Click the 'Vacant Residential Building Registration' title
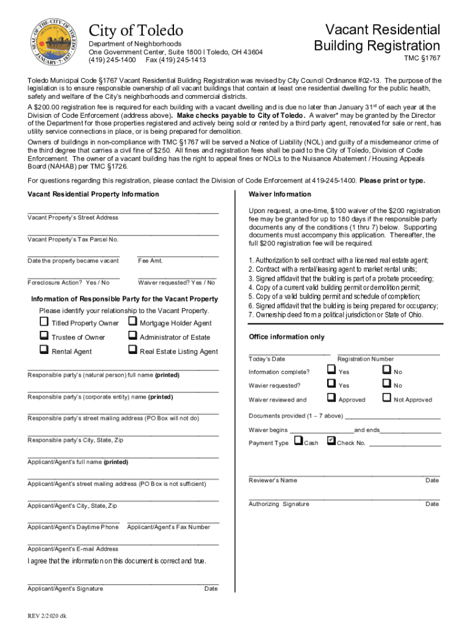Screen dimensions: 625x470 (x=377, y=38)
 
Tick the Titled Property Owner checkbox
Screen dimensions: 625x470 (x=44, y=322)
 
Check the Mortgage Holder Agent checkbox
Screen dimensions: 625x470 (x=132, y=322)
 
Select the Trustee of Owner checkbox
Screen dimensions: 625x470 (x=44, y=336)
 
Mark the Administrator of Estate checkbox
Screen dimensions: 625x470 (x=132, y=336)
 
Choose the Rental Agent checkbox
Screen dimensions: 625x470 (x=44, y=350)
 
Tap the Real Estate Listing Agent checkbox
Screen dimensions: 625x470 (x=132, y=350)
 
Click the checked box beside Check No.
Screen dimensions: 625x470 (x=331, y=441)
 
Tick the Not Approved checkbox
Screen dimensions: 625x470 (x=386, y=398)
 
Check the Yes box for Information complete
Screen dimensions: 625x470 (x=331, y=370)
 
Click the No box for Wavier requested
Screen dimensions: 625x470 (x=386, y=384)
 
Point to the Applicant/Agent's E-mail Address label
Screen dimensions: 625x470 (x=73, y=549)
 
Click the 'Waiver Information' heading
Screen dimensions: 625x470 (x=280, y=194)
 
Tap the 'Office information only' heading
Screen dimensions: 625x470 (x=286, y=337)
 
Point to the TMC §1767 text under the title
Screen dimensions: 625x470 (x=422, y=59)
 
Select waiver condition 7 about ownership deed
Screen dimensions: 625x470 (x=335, y=315)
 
